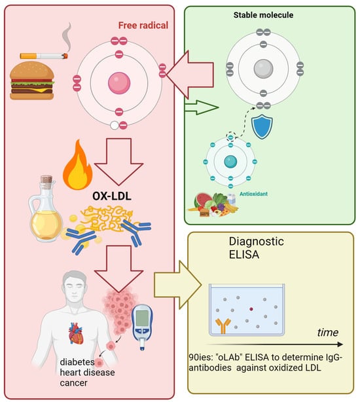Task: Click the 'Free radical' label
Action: (x=143, y=26)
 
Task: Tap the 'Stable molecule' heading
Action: (x=263, y=15)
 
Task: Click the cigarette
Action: (x=44, y=56)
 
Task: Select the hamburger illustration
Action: (x=32, y=81)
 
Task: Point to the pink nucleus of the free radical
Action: (x=119, y=83)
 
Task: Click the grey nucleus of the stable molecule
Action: (x=263, y=69)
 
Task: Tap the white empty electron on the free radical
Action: (x=115, y=126)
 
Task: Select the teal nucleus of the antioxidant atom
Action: (x=230, y=162)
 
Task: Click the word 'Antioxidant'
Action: (x=253, y=194)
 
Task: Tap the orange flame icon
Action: (x=78, y=164)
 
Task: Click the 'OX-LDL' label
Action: (x=112, y=196)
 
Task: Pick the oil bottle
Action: (x=45, y=208)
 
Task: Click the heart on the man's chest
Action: (x=76, y=333)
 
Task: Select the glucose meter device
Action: (x=142, y=326)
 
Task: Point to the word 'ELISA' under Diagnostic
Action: (x=244, y=255)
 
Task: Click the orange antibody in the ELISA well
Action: (x=223, y=325)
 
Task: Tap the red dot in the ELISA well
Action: (x=251, y=309)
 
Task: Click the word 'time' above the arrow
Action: (x=328, y=333)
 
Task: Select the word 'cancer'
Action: (x=73, y=383)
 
